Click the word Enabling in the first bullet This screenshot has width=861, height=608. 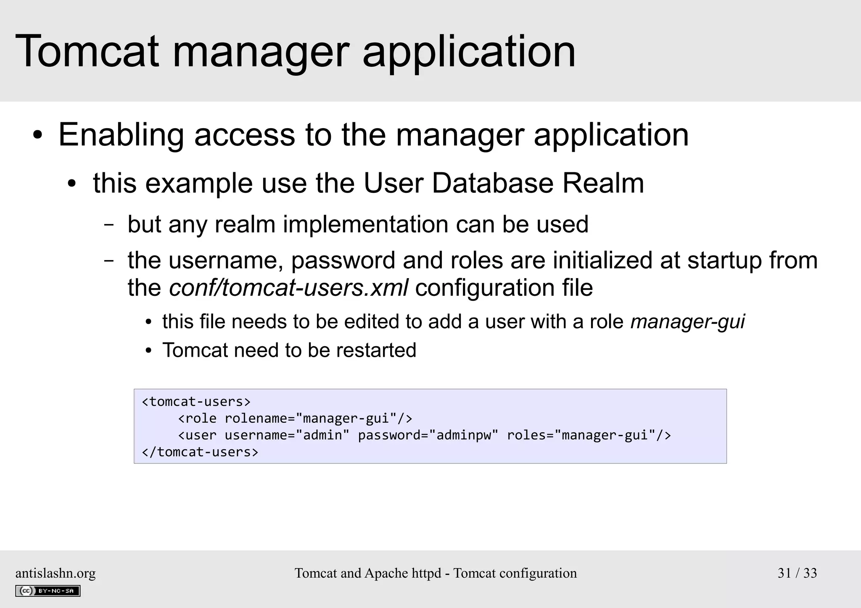click(121, 135)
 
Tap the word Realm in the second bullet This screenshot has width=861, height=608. click(602, 183)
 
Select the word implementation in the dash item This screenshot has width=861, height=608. click(365, 224)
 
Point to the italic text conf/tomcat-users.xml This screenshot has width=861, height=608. click(288, 288)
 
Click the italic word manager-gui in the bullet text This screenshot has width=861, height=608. click(687, 322)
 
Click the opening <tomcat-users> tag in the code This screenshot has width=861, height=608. click(196, 402)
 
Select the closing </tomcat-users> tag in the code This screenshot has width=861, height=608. click(200, 452)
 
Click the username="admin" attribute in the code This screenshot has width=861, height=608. click(287, 435)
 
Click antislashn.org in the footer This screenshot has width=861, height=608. click(55, 573)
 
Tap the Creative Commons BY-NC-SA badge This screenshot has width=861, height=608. click(48, 591)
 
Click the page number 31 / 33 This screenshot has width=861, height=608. click(797, 573)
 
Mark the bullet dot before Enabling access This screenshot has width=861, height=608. click(38, 136)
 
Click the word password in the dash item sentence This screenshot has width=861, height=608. click(343, 260)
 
